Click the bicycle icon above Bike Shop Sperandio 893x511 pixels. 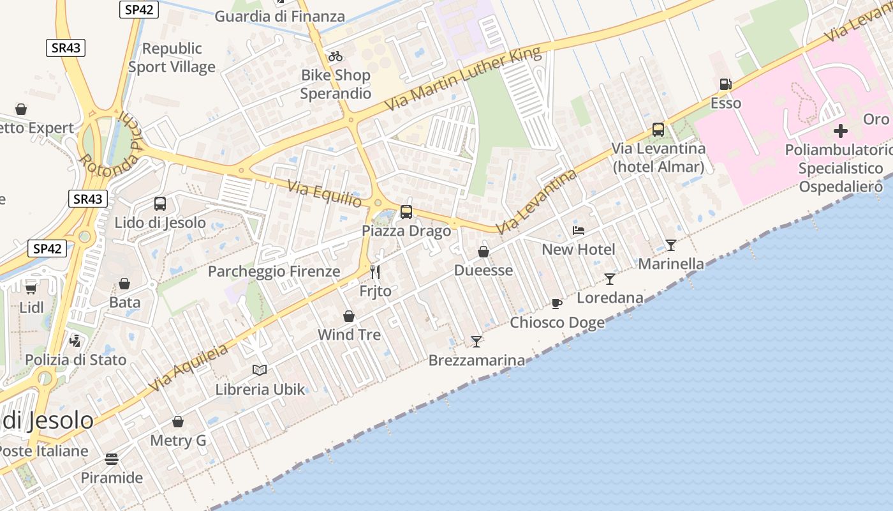[x=336, y=56]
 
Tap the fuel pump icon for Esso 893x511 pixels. [x=725, y=84]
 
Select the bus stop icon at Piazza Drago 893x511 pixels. [x=406, y=211]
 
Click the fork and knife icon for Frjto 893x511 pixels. [x=375, y=272]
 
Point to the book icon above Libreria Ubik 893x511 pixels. [x=260, y=370]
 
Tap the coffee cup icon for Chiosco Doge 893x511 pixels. [x=557, y=303]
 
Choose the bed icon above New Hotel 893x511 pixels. [x=579, y=230]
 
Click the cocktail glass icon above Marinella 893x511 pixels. [x=671, y=245]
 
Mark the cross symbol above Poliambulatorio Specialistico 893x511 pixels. [x=841, y=131]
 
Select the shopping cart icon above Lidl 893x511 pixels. [x=31, y=288]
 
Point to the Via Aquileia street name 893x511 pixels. [x=188, y=367]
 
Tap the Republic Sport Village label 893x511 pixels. [x=172, y=57]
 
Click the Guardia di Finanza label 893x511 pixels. [x=279, y=17]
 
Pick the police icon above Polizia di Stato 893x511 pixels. [x=75, y=340]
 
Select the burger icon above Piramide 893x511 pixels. [x=112, y=459]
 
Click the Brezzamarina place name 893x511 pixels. [x=476, y=360]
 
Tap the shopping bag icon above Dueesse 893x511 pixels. [x=483, y=252]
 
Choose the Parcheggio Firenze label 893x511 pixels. [x=274, y=271]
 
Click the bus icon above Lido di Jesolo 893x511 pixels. [x=160, y=204]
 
